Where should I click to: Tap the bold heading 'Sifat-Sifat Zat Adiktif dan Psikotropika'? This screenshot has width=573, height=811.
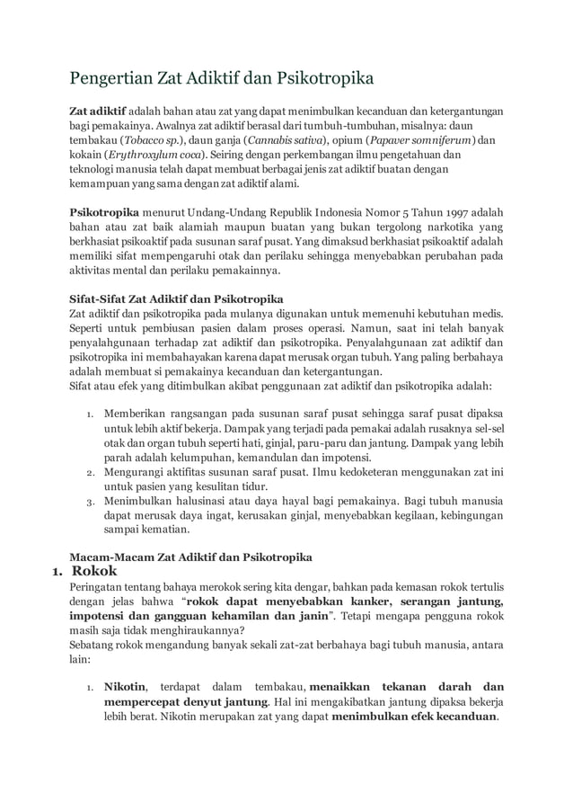coord(177,298)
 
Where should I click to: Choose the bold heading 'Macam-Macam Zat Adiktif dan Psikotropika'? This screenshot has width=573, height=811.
coord(190,556)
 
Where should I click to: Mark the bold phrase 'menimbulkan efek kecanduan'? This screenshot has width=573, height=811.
coord(414,717)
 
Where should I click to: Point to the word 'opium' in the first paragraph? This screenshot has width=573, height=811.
coord(348,140)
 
